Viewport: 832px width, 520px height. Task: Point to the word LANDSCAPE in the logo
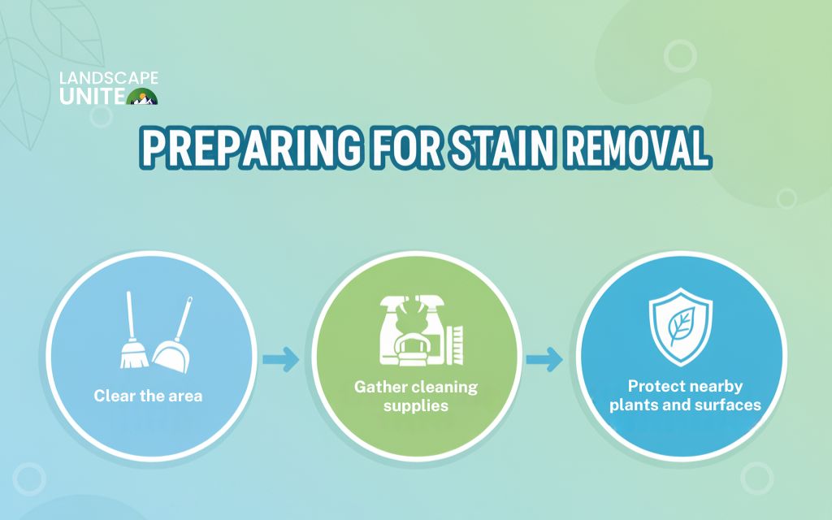[109, 79]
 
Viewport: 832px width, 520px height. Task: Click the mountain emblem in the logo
[142, 97]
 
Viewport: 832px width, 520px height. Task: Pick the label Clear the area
[148, 396]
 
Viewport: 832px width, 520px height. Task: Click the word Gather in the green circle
[379, 387]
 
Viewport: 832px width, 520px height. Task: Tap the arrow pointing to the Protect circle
[544, 358]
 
